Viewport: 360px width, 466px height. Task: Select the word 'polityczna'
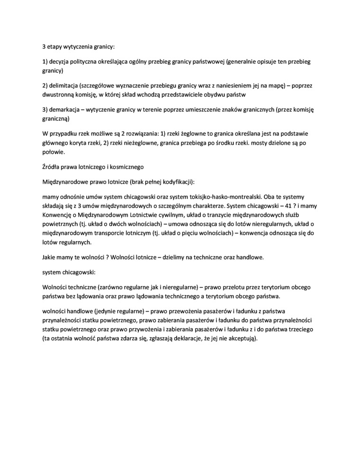tap(88, 62)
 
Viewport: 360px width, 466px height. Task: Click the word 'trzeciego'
tap(306, 328)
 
